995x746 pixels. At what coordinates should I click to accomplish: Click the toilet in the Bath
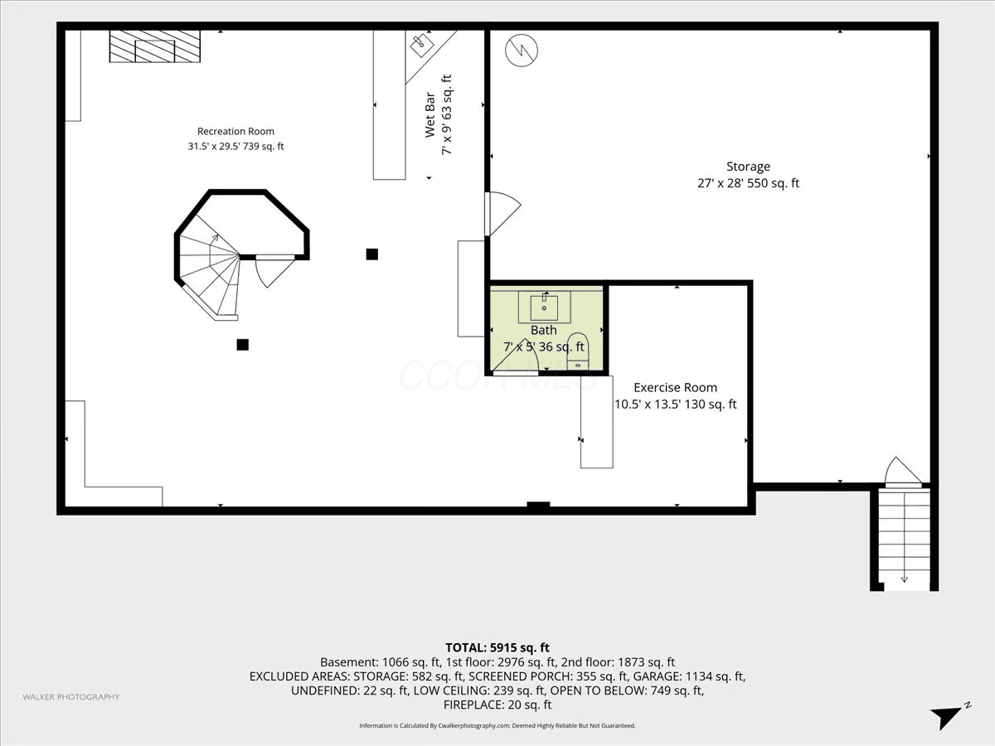click(578, 351)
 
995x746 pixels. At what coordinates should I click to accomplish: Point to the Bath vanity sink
click(545, 307)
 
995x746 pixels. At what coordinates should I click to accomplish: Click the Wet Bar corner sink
click(422, 45)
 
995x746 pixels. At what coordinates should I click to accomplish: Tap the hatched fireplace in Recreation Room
click(154, 46)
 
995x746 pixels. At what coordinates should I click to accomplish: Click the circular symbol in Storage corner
click(522, 51)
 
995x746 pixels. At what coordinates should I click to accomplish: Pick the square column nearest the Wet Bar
click(372, 254)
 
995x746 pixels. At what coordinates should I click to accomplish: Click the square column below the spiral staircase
click(242, 345)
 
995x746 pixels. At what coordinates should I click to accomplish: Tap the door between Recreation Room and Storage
click(502, 214)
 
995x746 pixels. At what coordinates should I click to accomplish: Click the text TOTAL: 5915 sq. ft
click(498, 647)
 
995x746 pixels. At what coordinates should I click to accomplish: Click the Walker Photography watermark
click(71, 696)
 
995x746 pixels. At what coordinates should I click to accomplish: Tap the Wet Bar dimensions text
click(446, 115)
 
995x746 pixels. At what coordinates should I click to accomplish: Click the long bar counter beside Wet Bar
click(389, 105)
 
